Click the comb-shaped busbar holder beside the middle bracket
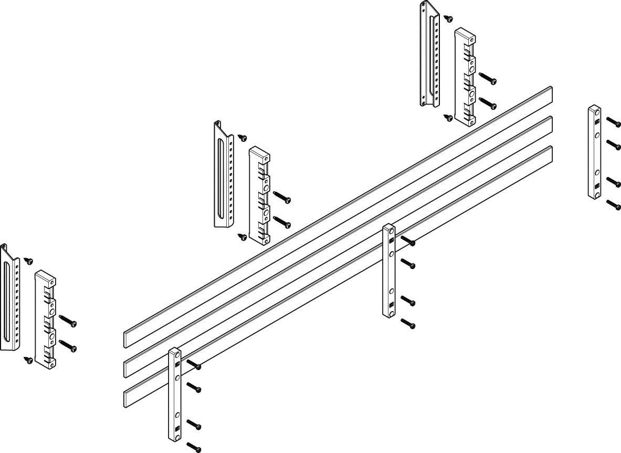coord(259,195)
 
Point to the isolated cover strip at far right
coord(594,152)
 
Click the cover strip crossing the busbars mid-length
coord(389,271)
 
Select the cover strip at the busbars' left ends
coord(175,394)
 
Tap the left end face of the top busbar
coord(127,338)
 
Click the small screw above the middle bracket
coord(243,138)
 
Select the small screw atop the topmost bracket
coord(448,19)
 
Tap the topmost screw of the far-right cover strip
coord(614,121)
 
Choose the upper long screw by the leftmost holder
coord(69,320)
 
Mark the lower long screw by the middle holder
coord(283,223)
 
